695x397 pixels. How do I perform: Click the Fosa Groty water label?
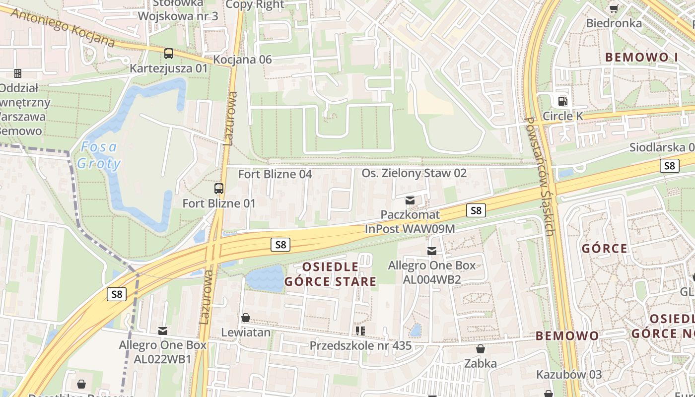[x=98, y=155]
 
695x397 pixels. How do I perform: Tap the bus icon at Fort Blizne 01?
[x=219, y=189]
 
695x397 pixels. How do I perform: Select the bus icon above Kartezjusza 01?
[x=169, y=53]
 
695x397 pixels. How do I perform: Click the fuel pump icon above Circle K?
[x=562, y=101]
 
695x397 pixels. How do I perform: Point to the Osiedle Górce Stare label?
[x=330, y=274]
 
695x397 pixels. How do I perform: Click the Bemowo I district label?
[x=641, y=57]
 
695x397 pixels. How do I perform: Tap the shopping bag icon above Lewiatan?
[x=246, y=318]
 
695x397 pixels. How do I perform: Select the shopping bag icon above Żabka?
[x=480, y=349]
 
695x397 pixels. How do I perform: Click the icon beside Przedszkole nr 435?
[x=360, y=331]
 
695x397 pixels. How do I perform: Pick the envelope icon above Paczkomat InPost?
[x=410, y=200]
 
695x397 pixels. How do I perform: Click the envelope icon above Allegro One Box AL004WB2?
[x=432, y=251]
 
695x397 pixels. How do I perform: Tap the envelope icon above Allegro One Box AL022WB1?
[x=162, y=331]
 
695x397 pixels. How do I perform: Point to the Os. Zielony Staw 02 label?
[x=414, y=173]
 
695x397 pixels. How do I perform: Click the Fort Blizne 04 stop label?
[x=275, y=174]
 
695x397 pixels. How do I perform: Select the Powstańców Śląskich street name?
[x=541, y=176]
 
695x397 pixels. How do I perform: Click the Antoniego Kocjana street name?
[x=62, y=27]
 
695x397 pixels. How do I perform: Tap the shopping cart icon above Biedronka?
[x=614, y=8]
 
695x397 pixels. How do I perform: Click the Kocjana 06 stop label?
[x=242, y=60]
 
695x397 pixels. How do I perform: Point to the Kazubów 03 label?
[x=569, y=374]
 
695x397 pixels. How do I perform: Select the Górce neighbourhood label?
[x=604, y=248]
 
